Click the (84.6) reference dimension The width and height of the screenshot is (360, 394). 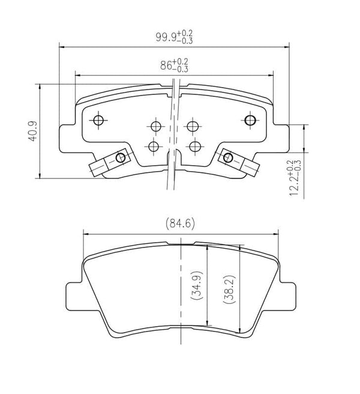[x=180, y=224]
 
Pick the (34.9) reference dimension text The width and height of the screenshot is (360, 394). [x=196, y=289]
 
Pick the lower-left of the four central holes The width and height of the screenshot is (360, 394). [x=154, y=146]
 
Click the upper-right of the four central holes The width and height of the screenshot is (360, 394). [x=192, y=126]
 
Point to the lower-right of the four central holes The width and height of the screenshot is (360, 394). [x=193, y=146]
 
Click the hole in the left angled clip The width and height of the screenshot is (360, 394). [x=121, y=158]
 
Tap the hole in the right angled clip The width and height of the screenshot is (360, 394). [x=227, y=158]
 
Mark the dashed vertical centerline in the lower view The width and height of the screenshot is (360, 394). [x=180, y=312]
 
